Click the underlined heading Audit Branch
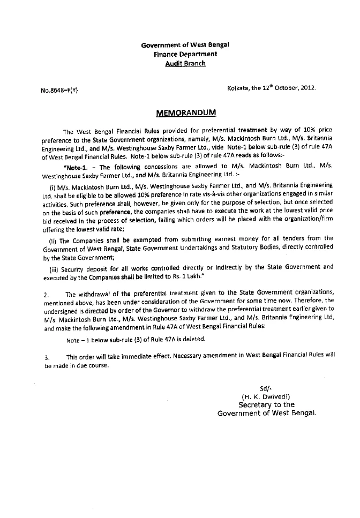coord(185,63)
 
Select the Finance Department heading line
coord(185,54)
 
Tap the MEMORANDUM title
coord(185,113)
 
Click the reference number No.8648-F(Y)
coord(59,90)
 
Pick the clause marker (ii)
coord(54,238)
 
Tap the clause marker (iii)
coord(55,266)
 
